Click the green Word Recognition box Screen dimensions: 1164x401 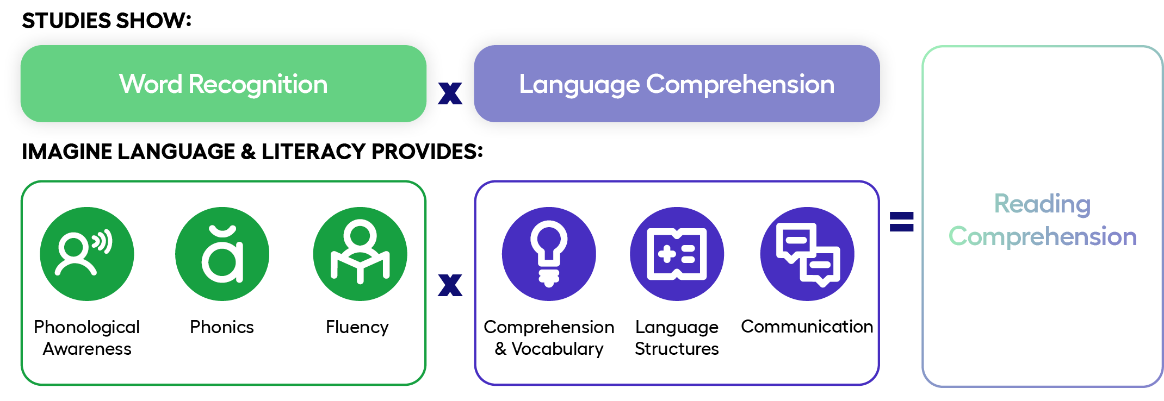pos(223,84)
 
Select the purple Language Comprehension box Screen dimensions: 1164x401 pos(677,84)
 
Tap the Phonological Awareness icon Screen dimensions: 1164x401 pos(87,254)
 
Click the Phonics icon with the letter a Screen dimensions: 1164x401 pos(222,254)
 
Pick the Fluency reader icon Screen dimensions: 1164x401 pos(360,254)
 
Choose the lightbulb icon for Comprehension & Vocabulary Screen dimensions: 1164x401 pos(549,254)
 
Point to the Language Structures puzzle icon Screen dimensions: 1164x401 pos(677,254)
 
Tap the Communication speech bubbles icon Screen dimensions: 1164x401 pos(807,254)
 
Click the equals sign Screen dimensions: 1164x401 pos(901,222)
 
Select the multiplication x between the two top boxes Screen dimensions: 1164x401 pos(450,93)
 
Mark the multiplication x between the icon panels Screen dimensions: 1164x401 pos(450,285)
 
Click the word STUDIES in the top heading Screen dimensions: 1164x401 pos(66,21)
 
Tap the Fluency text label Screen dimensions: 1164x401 pos(357,327)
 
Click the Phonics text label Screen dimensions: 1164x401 pos(222,327)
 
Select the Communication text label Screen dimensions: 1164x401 pos(807,327)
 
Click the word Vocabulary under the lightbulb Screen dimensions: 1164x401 pos(558,349)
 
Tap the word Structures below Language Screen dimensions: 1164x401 pos(677,348)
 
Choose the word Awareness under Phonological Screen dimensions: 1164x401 pos(87,348)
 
